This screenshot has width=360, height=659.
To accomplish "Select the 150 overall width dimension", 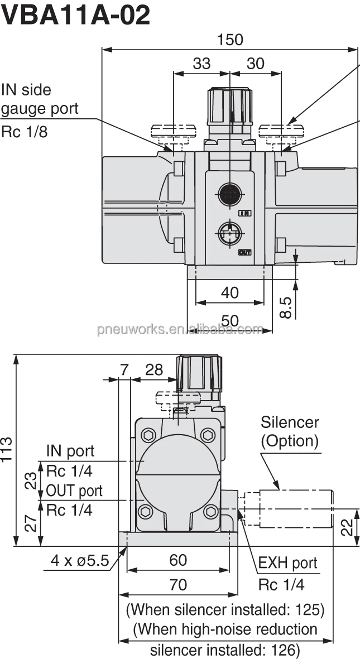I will tap(229, 40).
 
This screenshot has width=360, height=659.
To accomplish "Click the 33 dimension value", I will tap(201, 64).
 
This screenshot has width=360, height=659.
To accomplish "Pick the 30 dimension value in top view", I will tap(255, 64).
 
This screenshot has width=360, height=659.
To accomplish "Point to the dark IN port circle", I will tap(229, 194).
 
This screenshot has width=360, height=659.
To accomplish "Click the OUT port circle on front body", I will tap(229, 232).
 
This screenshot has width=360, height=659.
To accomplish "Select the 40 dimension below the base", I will tap(229, 292).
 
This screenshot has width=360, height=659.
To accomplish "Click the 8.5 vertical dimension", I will tap(285, 307).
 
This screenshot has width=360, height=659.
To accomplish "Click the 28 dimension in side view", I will tap(154, 369).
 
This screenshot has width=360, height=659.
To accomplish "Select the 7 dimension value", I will tap(124, 369).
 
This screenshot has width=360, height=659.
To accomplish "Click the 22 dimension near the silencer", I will tap(347, 526).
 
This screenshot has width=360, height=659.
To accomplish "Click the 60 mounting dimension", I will tap(178, 560).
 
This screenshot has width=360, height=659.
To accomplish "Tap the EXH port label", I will tap(287, 563).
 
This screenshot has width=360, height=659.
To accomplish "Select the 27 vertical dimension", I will tap(32, 523).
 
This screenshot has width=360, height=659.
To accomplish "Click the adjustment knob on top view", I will tap(229, 106).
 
